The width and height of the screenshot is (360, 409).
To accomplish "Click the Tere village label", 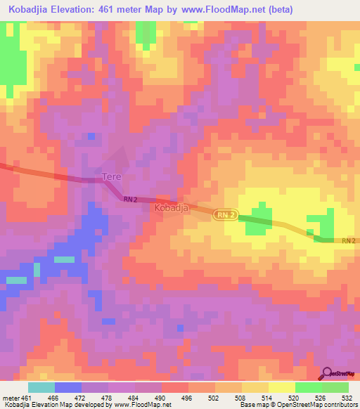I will coord(113,176).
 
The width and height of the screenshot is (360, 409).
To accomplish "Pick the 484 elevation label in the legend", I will coord(134,398).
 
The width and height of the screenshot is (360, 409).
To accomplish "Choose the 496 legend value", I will coord(188,398).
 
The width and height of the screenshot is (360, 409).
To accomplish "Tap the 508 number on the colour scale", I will coord(241,398).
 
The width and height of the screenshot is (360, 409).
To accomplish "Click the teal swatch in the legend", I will coord(41,387).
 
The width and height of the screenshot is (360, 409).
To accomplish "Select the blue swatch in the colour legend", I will coord(68,387).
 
